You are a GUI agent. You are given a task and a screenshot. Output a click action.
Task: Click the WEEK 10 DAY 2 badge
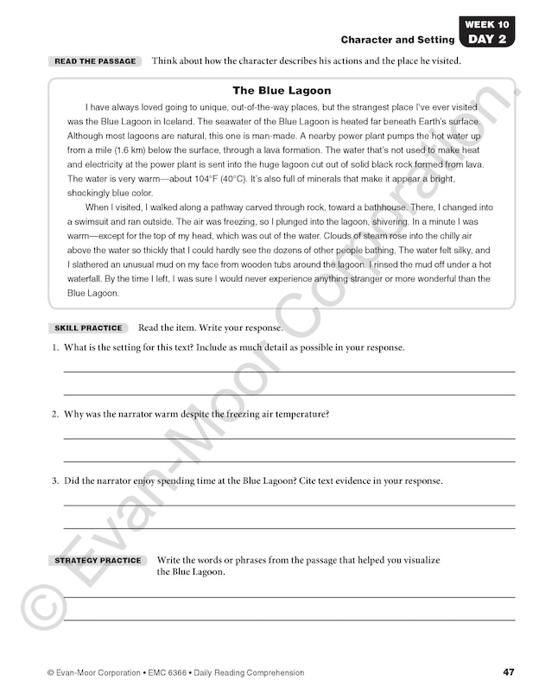pos(485,31)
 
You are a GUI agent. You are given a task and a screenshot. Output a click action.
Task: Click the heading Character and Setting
pos(397,40)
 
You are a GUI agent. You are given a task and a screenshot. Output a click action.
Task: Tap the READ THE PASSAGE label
pos(95,61)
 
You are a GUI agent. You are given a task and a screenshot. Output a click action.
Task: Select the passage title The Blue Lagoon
pos(282,91)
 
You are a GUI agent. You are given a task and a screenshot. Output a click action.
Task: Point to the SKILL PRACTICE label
pos(89,328)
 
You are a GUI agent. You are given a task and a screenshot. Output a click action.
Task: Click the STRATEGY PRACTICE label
pos(98,561)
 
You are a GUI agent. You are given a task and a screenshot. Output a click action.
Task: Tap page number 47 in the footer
pos(508,672)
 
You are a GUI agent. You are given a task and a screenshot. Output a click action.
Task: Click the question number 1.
pos(54,347)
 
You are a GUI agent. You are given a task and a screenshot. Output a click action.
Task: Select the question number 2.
pos(54,414)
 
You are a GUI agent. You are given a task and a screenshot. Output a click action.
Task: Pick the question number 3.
pos(54,480)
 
